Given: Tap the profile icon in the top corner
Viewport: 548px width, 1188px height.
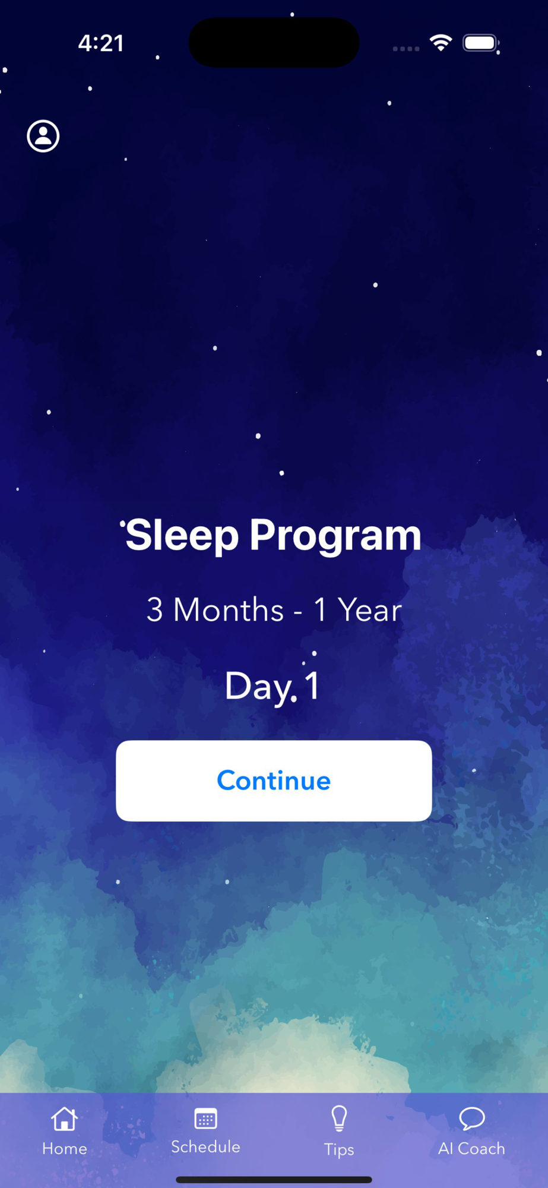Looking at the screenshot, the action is [x=43, y=136].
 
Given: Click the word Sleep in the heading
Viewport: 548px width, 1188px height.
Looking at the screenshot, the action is [x=182, y=536].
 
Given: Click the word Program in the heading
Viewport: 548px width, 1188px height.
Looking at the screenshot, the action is [x=335, y=536].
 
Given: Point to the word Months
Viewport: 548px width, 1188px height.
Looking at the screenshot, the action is [x=229, y=610].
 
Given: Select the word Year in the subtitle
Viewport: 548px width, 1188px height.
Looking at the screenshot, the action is [x=369, y=610].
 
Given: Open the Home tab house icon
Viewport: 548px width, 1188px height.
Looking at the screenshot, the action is [x=64, y=1119].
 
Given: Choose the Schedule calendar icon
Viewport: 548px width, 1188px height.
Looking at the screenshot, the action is [x=205, y=1118].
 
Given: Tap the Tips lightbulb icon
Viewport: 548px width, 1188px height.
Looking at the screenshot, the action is [x=339, y=1119].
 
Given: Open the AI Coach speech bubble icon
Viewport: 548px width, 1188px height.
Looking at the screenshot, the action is [x=472, y=1119].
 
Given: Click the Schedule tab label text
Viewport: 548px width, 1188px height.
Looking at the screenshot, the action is [x=205, y=1146].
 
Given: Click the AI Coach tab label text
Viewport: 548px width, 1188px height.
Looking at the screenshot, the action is [x=471, y=1148].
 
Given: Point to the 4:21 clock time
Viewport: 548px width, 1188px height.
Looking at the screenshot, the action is [x=101, y=43].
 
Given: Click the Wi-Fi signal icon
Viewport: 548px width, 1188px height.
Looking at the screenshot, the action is [x=441, y=43].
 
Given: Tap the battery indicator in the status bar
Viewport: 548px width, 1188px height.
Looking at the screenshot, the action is [x=481, y=43].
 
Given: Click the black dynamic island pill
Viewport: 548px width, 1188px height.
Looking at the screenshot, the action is [x=274, y=42].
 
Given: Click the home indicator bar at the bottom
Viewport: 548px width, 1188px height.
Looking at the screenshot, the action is [x=274, y=1180].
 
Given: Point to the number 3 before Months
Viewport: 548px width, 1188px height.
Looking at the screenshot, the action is [x=154, y=610].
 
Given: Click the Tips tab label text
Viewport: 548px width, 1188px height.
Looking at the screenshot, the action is [x=339, y=1149].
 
